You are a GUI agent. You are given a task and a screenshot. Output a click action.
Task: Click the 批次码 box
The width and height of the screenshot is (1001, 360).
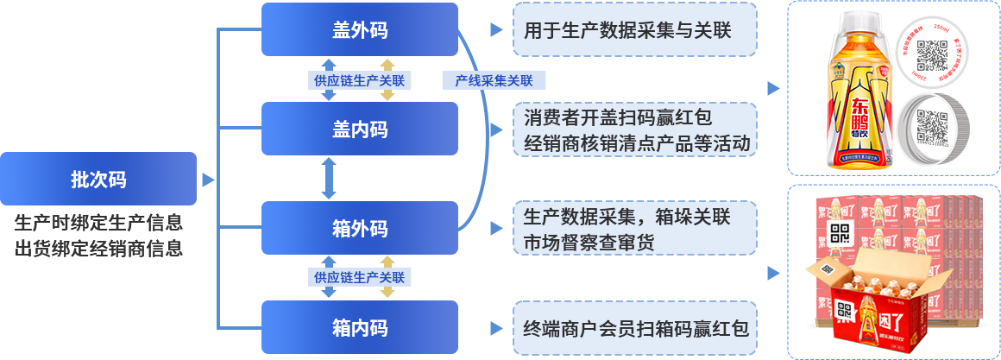(x=98, y=180)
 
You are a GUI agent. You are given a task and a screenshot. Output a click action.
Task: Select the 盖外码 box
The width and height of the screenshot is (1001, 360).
(x=359, y=30)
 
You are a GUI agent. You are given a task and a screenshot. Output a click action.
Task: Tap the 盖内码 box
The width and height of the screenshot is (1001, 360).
(x=359, y=129)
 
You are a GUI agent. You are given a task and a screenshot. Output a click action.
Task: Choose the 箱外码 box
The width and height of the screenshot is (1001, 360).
(x=359, y=229)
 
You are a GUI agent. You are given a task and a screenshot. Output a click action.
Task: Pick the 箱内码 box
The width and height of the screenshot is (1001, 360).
(x=359, y=328)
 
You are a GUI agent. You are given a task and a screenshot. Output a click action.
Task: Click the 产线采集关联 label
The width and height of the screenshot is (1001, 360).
(x=494, y=80)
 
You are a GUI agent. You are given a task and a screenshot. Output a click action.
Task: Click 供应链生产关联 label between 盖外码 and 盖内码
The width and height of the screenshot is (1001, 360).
(x=359, y=80)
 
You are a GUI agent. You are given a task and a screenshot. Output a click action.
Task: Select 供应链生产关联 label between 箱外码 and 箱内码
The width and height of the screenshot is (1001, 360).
(x=359, y=277)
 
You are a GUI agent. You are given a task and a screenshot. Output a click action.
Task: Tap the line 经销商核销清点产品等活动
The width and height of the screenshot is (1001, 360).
(x=637, y=142)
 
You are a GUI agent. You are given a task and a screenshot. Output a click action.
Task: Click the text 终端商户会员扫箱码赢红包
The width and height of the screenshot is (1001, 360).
(x=636, y=329)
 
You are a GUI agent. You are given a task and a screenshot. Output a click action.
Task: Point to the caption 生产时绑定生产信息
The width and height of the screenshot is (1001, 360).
(x=98, y=223)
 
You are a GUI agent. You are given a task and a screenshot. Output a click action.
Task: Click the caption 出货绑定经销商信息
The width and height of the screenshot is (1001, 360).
(x=98, y=248)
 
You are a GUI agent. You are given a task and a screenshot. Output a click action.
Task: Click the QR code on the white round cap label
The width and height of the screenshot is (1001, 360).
(x=932, y=56)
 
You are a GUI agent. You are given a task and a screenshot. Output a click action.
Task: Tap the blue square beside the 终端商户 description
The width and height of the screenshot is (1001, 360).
(x=496, y=328)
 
